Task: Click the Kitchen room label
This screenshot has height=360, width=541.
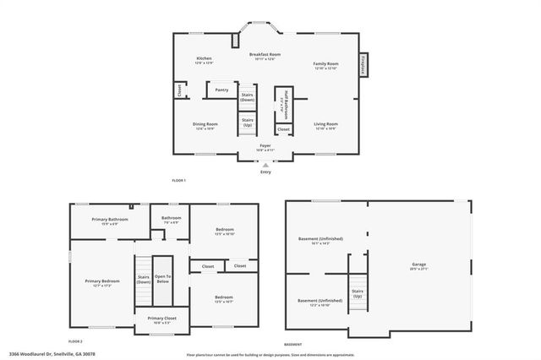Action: [x=204, y=61]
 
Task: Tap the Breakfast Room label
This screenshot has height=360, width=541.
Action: [x=265, y=56]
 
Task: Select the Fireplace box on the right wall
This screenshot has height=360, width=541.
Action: [x=364, y=66]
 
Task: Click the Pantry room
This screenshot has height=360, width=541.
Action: [x=221, y=90]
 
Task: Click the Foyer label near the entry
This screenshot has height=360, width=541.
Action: [x=265, y=147]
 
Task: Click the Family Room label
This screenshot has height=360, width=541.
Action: [x=325, y=66]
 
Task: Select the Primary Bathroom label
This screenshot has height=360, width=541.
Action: [x=111, y=221]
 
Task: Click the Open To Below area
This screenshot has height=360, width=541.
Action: [x=163, y=279]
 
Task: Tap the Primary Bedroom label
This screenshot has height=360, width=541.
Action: [x=101, y=283]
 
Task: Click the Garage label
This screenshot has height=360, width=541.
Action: [x=418, y=267]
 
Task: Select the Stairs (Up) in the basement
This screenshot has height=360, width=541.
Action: [x=358, y=294]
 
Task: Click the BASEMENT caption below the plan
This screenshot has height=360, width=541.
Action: [x=292, y=345]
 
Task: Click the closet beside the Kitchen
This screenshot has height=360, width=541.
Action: [x=180, y=89]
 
